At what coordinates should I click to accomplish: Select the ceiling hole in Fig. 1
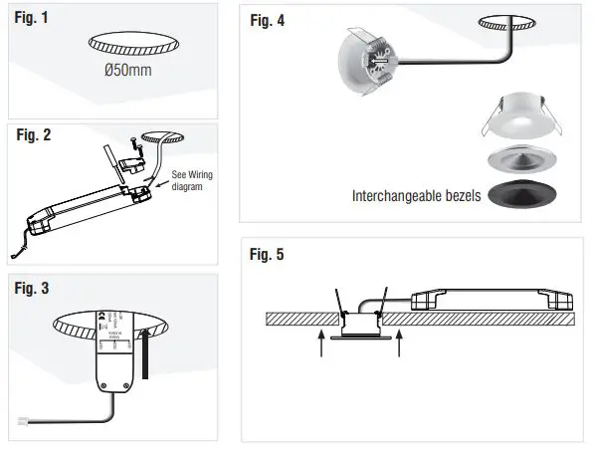[x=135, y=44]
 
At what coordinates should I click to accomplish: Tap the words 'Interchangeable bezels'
[x=416, y=196]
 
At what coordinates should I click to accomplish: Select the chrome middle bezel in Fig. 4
[x=521, y=161]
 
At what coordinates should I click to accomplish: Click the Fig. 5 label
[x=266, y=255]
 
